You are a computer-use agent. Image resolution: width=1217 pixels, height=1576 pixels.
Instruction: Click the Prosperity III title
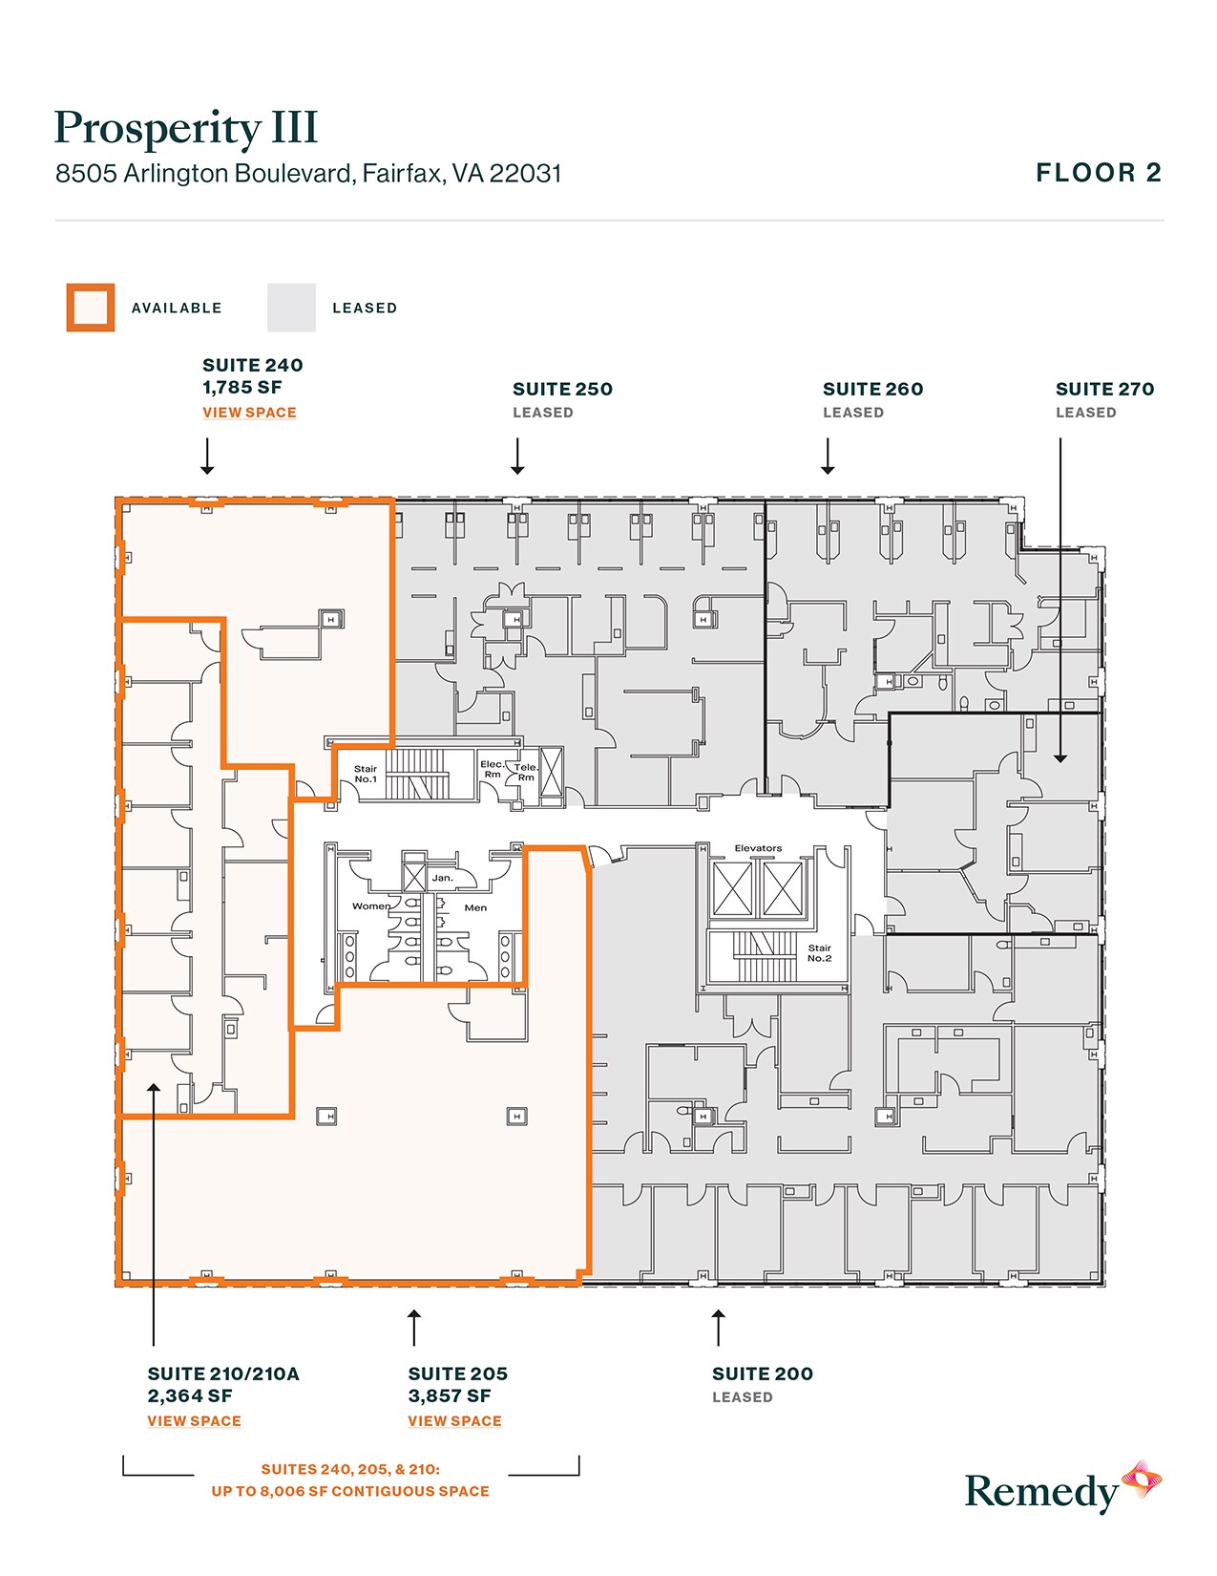click(186, 128)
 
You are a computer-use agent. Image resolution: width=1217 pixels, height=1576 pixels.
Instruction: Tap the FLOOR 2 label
click(1099, 173)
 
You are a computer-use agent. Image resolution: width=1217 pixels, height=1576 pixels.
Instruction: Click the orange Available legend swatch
click(91, 308)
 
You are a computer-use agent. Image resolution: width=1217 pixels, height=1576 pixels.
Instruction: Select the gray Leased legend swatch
click(291, 308)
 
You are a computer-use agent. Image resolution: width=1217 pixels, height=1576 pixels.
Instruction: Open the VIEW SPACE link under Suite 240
click(249, 413)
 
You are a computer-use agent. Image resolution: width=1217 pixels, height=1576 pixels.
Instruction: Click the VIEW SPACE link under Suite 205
click(454, 1421)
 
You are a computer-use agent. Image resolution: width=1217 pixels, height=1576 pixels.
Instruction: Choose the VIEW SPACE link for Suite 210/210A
click(194, 1421)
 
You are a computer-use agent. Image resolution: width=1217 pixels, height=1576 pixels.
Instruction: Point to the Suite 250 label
click(562, 389)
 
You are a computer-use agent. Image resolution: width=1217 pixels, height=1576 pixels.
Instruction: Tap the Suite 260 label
click(872, 389)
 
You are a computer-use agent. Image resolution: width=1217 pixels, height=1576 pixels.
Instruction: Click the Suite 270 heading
click(1104, 389)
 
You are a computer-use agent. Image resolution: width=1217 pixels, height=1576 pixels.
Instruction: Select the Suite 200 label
click(762, 1374)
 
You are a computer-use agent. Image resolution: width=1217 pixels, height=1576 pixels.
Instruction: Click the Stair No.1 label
click(366, 774)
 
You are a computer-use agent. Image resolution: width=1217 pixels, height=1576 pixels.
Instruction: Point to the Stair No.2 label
click(819, 953)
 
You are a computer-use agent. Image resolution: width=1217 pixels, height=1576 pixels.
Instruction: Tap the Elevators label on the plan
click(758, 848)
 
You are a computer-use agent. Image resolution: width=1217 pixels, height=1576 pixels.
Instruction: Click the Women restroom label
click(371, 906)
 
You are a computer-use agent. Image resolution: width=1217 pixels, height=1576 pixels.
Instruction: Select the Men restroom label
click(475, 908)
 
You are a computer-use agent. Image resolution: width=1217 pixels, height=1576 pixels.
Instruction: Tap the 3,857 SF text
click(450, 1396)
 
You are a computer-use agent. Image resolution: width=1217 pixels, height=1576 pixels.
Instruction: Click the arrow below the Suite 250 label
click(517, 457)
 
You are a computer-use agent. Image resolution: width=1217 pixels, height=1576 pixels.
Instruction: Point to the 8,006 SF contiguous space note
click(350, 1491)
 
